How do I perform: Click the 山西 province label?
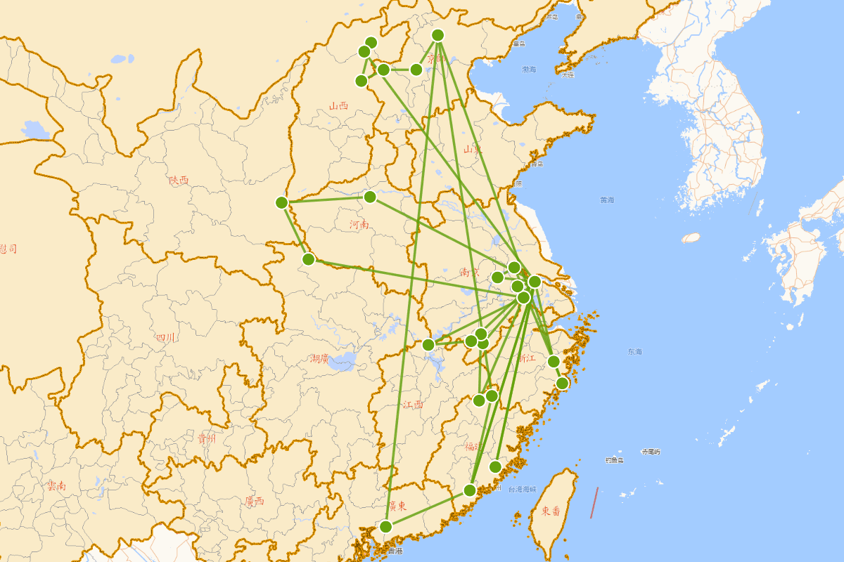tap(338, 106)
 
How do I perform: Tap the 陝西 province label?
tap(179, 180)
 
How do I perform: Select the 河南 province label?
tap(359, 225)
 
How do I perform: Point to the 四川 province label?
tap(165, 338)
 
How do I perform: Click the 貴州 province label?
tap(206, 439)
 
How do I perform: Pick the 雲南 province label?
tap(56, 485)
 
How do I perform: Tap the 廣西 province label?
tap(254, 501)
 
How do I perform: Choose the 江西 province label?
tap(414, 405)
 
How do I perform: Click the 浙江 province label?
tap(526, 358)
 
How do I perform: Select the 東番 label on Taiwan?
tap(551, 511)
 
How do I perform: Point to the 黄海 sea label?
tap(607, 200)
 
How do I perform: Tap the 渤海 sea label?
tap(529, 70)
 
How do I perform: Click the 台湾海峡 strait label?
tap(522, 489)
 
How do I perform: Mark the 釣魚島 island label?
tap(614, 460)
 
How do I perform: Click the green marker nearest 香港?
tap(385, 526)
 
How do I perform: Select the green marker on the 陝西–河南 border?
tap(282, 202)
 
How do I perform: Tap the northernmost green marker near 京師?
tap(438, 35)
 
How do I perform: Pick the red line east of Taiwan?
tap(594, 503)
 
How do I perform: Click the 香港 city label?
tap(395, 551)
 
